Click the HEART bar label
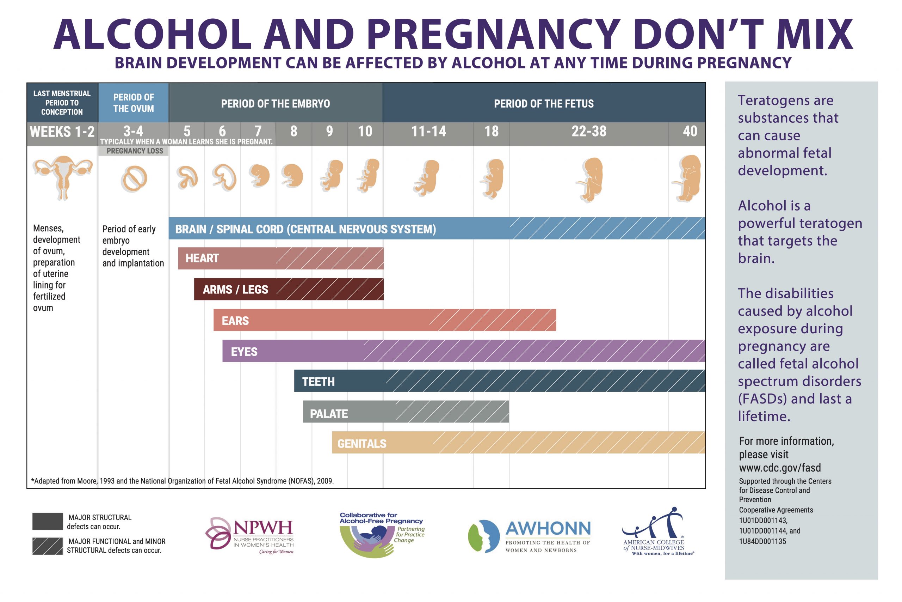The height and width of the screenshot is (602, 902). (202, 259)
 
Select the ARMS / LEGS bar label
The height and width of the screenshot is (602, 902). (235, 290)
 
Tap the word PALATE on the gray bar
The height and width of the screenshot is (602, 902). (329, 413)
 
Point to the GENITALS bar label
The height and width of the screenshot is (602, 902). (362, 444)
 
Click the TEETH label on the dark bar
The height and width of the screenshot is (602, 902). (318, 382)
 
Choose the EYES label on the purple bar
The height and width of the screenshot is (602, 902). (244, 352)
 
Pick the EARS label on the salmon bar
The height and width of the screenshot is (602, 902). (235, 321)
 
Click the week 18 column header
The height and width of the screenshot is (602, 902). (491, 132)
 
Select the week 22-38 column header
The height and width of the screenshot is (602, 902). (589, 132)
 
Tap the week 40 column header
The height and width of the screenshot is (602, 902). (690, 132)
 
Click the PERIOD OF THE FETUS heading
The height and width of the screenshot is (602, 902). (543, 104)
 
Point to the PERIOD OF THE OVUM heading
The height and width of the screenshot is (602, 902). (134, 103)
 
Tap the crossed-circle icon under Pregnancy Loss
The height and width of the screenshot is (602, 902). (134, 179)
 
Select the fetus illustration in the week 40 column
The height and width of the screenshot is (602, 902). (687, 178)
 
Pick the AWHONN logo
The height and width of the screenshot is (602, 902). (530, 536)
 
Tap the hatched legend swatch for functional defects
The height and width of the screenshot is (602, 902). (48, 546)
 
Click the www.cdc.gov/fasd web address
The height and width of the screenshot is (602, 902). (780, 468)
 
